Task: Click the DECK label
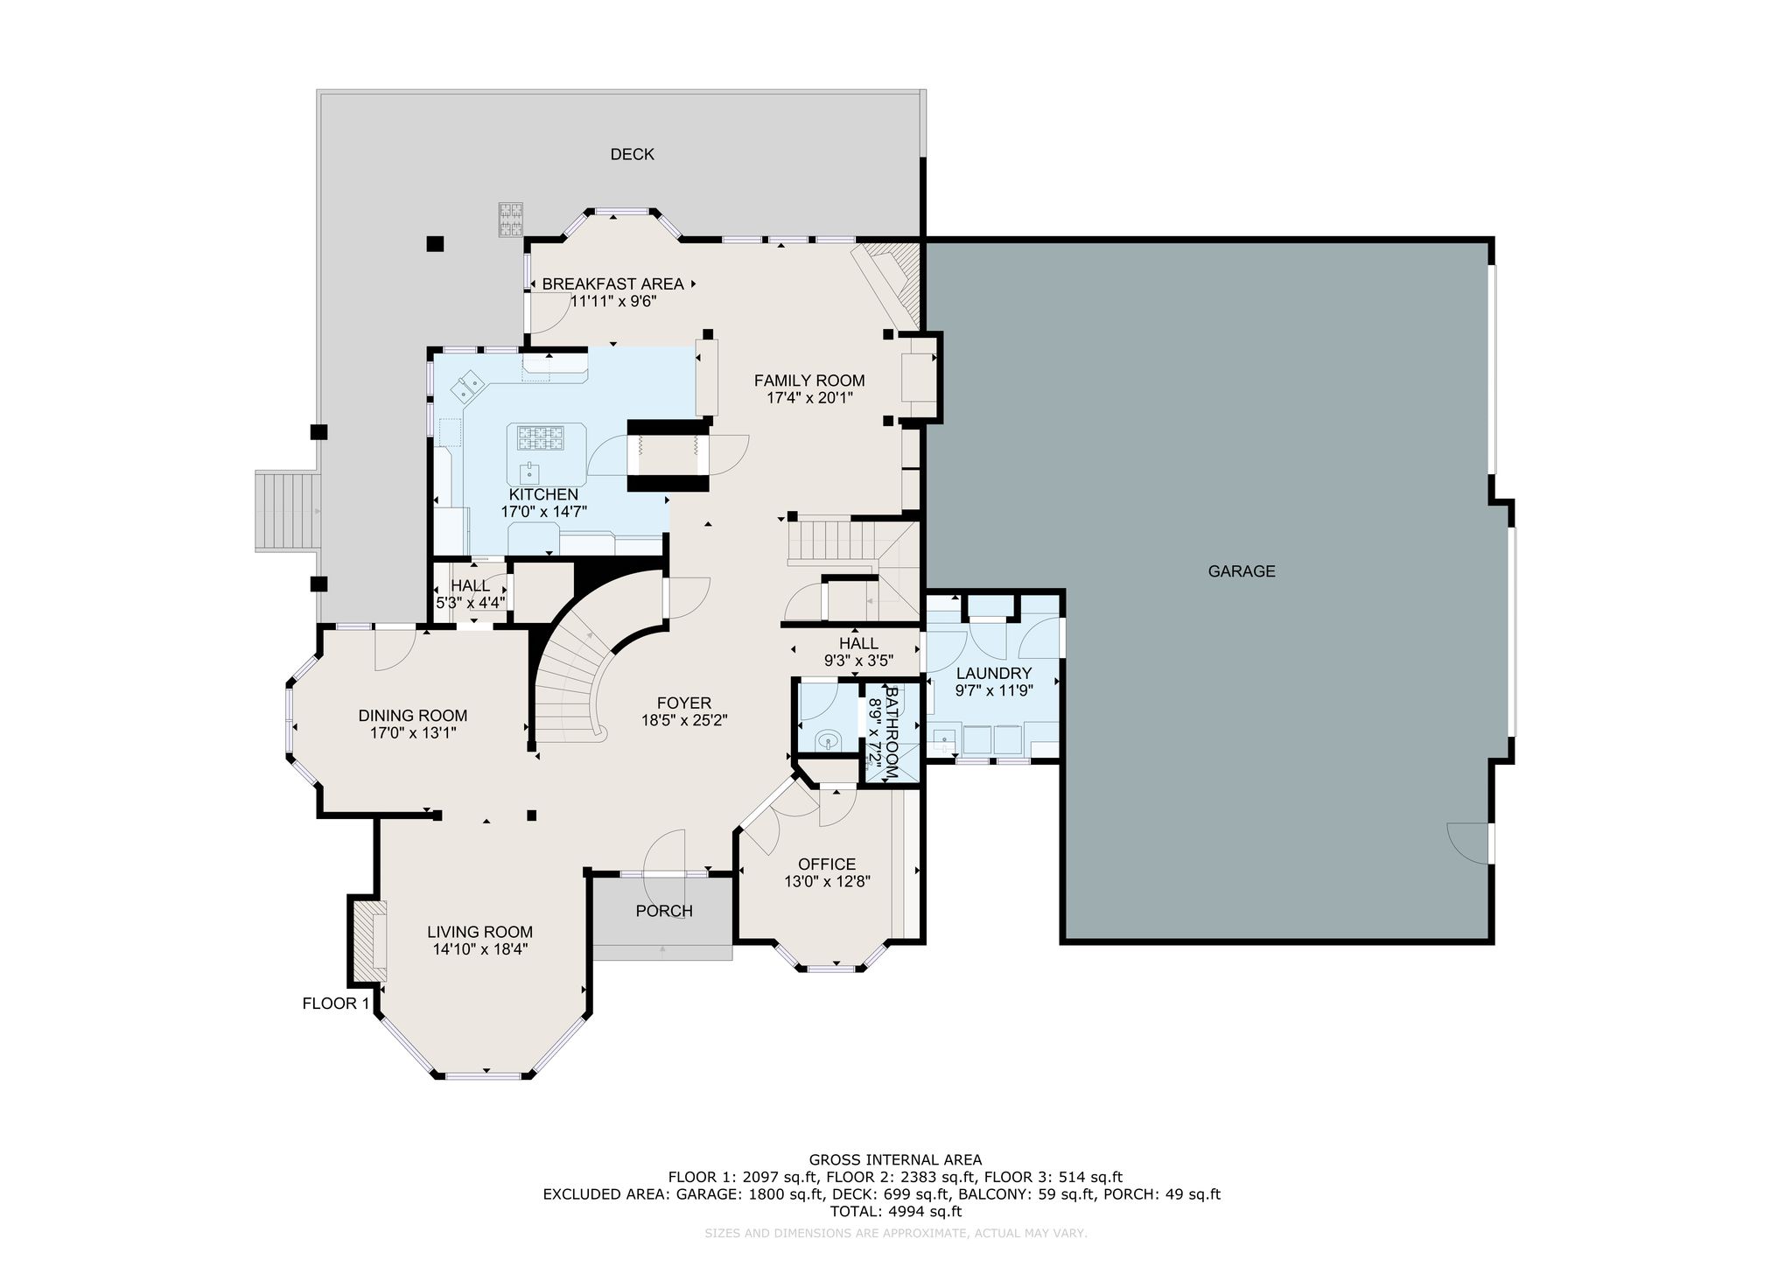click(x=632, y=155)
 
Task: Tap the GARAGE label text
click(x=1242, y=571)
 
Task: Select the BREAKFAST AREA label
click(x=612, y=284)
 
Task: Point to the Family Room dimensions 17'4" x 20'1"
click(x=809, y=397)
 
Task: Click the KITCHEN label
click(x=543, y=495)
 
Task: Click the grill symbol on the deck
click(x=511, y=219)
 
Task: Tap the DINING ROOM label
click(x=413, y=716)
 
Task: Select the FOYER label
click(x=684, y=703)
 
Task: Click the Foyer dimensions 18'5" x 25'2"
click(x=684, y=720)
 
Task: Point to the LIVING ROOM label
click(x=479, y=933)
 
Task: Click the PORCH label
click(x=664, y=911)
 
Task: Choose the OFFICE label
click(x=827, y=864)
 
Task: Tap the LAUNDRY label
click(x=994, y=674)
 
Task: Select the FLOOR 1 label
click(x=336, y=1004)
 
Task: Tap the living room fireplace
click(x=369, y=941)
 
